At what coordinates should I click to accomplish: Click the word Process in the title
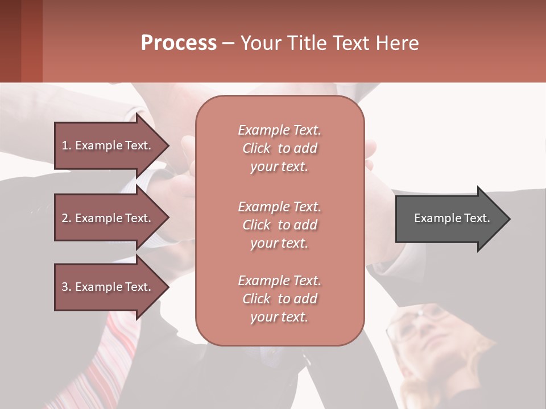(x=179, y=43)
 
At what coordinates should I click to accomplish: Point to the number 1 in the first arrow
(x=65, y=145)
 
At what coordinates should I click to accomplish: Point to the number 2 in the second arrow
(x=65, y=218)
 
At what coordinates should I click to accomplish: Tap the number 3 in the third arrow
(x=65, y=287)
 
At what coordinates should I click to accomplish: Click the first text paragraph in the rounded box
(x=279, y=148)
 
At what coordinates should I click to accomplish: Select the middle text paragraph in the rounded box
(x=279, y=225)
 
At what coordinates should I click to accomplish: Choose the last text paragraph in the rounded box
(x=279, y=299)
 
